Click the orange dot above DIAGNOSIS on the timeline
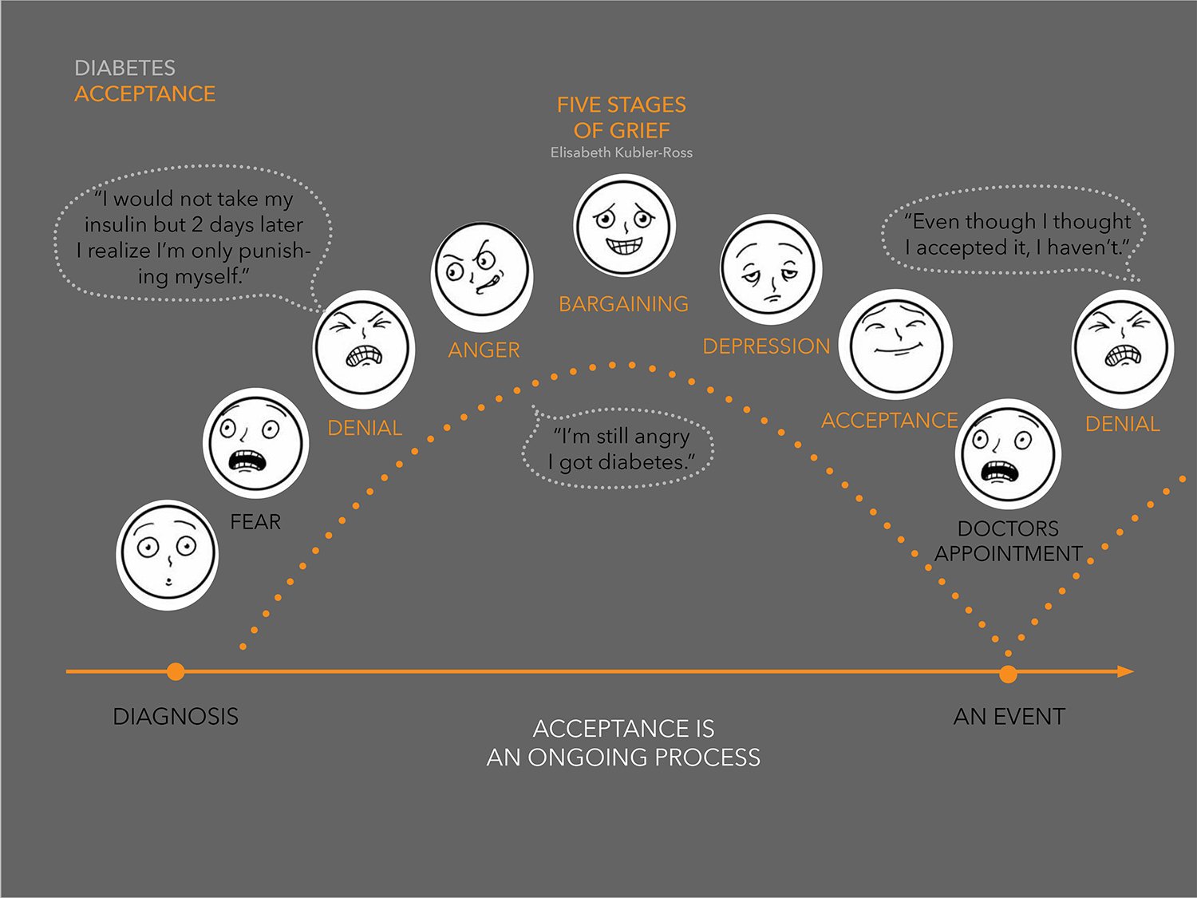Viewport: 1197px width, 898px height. point(176,672)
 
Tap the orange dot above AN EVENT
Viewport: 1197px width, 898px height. point(1009,674)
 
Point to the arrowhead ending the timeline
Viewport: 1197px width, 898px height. point(1125,672)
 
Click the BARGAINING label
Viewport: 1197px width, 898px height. point(623,303)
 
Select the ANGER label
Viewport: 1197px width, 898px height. point(484,350)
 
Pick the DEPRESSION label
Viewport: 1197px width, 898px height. point(766,346)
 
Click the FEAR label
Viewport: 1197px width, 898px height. point(255,522)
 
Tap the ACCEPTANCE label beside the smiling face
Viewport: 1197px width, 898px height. point(890,421)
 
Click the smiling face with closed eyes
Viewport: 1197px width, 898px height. point(895,344)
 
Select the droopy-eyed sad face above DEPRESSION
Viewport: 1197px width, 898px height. point(771,269)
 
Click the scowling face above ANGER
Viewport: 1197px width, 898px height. point(482,276)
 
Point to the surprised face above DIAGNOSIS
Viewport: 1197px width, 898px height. point(168,555)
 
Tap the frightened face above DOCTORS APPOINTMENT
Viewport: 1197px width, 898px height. point(1008,453)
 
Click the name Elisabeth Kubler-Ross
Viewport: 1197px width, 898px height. point(621,152)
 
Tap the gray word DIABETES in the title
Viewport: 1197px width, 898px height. point(124,68)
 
